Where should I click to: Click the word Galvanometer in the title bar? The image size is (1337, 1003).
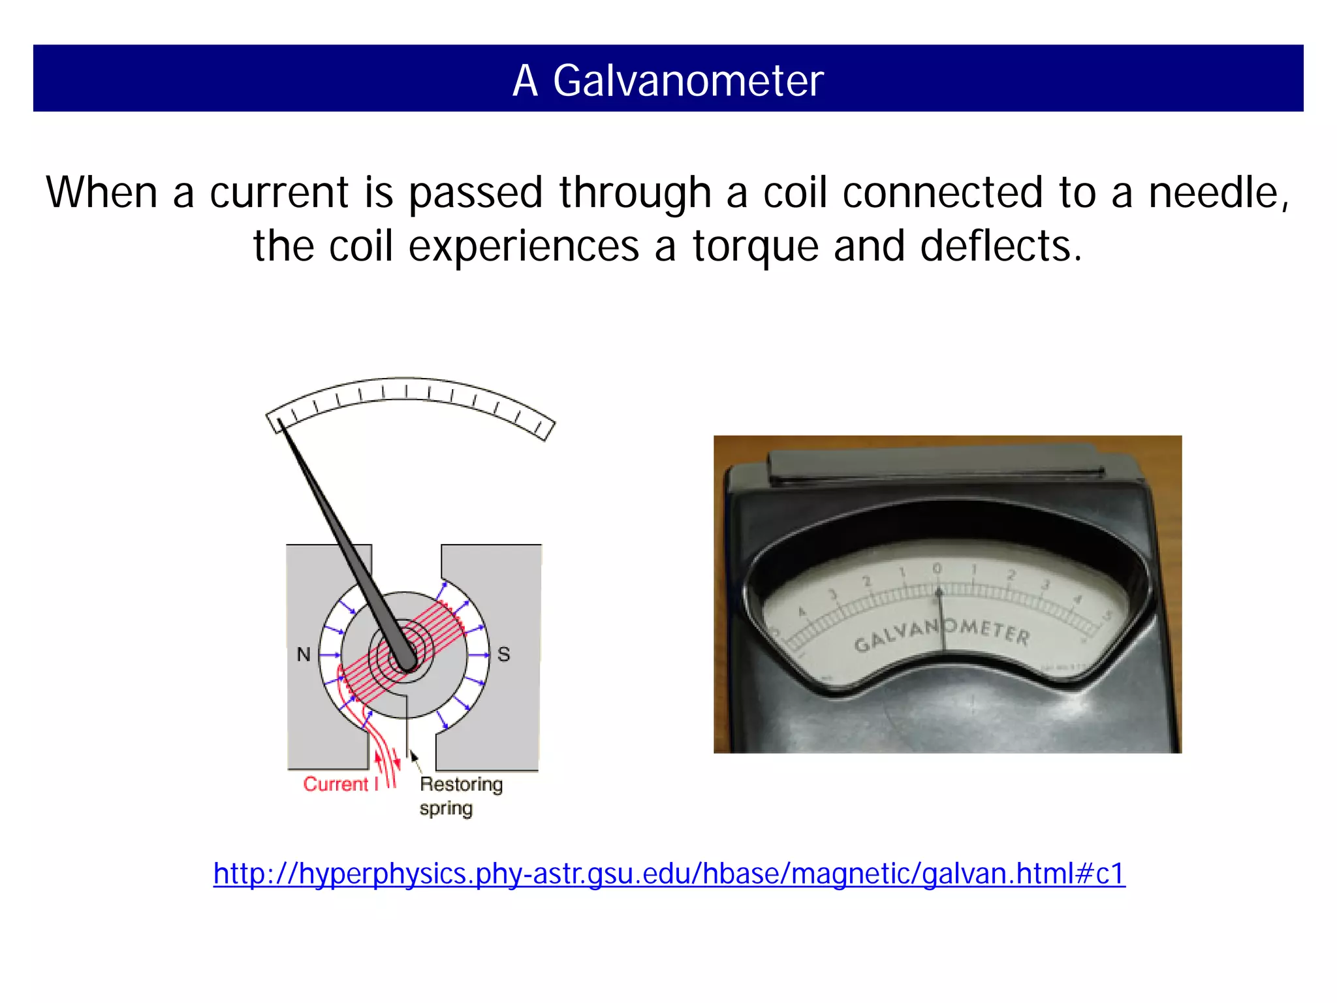pyautogui.click(x=688, y=81)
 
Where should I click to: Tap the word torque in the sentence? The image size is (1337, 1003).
pyautogui.click(x=755, y=246)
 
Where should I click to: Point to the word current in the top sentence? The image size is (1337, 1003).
pyautogui.click(x=279, y=193)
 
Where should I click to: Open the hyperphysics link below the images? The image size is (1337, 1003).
pyautogui.click(x=669, y=873)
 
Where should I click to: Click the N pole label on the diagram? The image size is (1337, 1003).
pyautogui.click(x=304, y=654)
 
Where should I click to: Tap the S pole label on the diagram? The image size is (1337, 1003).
pyautogui.click(x=503, y=654)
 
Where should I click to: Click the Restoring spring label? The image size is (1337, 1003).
pyautogui.click(x=460, y=795)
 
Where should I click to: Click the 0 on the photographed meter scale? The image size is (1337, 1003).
pyautogui.click(x=937, y=568)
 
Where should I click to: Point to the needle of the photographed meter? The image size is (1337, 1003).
pyautogui.click(x=941, y=620)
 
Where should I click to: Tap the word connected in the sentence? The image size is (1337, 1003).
pyautogui.click(x=942, y=193)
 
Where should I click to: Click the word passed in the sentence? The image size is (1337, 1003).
pyautogui.click(x=476, y=193)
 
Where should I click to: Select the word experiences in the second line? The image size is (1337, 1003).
pyautogui.click(x=524, y=246)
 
